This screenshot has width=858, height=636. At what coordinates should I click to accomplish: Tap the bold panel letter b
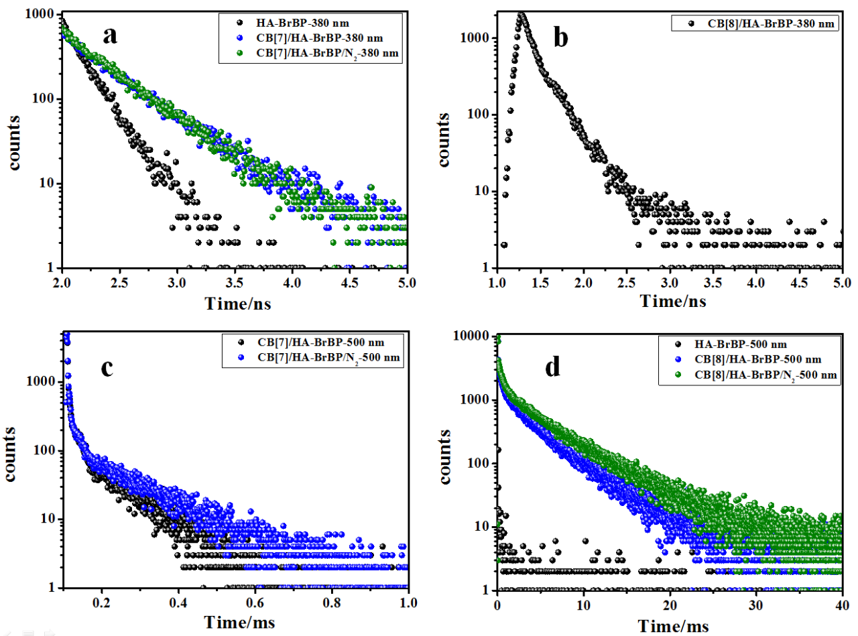click(560, 38)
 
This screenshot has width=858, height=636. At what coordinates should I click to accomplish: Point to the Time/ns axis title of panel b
click(673, 301)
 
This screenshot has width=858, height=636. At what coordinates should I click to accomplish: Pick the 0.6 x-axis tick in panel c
click(255, 602)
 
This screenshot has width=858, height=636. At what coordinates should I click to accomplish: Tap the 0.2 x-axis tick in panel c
click(102, 602)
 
